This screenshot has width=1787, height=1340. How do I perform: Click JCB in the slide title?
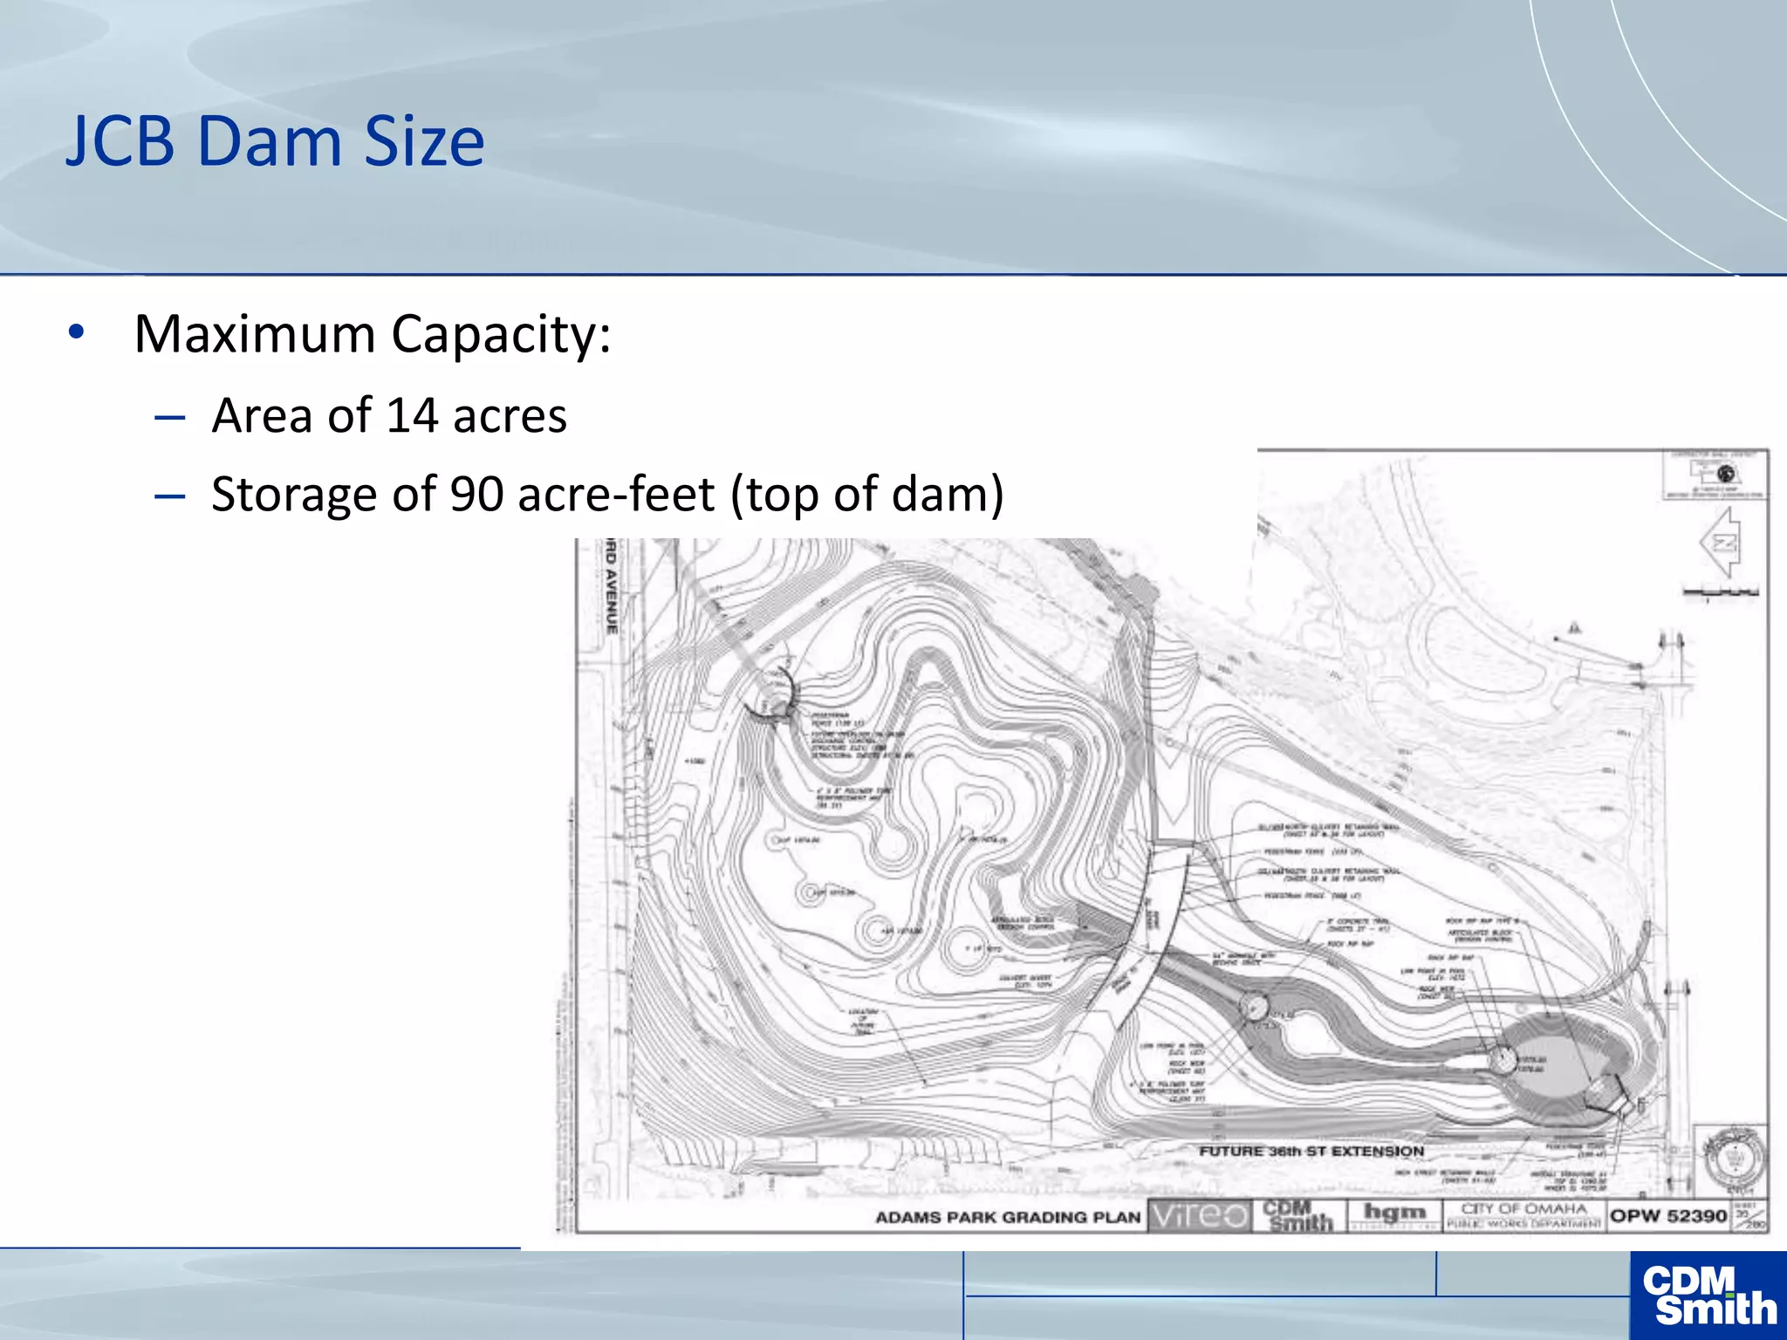(x=120, y=142)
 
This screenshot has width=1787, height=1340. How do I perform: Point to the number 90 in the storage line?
(x=476, y=495)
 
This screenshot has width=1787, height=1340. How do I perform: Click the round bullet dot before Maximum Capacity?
(x=77, y=332)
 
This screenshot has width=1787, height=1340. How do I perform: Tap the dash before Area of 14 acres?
(x=169, y=418)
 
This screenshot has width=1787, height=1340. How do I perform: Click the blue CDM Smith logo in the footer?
(x=1708, y=1296)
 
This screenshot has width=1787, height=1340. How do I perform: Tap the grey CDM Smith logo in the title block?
(x=1299, y=1215)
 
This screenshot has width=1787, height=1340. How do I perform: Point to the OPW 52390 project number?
(x=1668, y=1215)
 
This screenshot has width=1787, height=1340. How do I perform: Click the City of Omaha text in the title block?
(x=1523, y=1209)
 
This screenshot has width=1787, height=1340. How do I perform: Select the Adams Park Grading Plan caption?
(x=1008, y=1217)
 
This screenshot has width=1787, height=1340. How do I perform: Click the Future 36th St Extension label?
(x=1311, y=1152)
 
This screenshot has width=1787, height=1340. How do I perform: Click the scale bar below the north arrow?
(x=1721, y=593)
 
